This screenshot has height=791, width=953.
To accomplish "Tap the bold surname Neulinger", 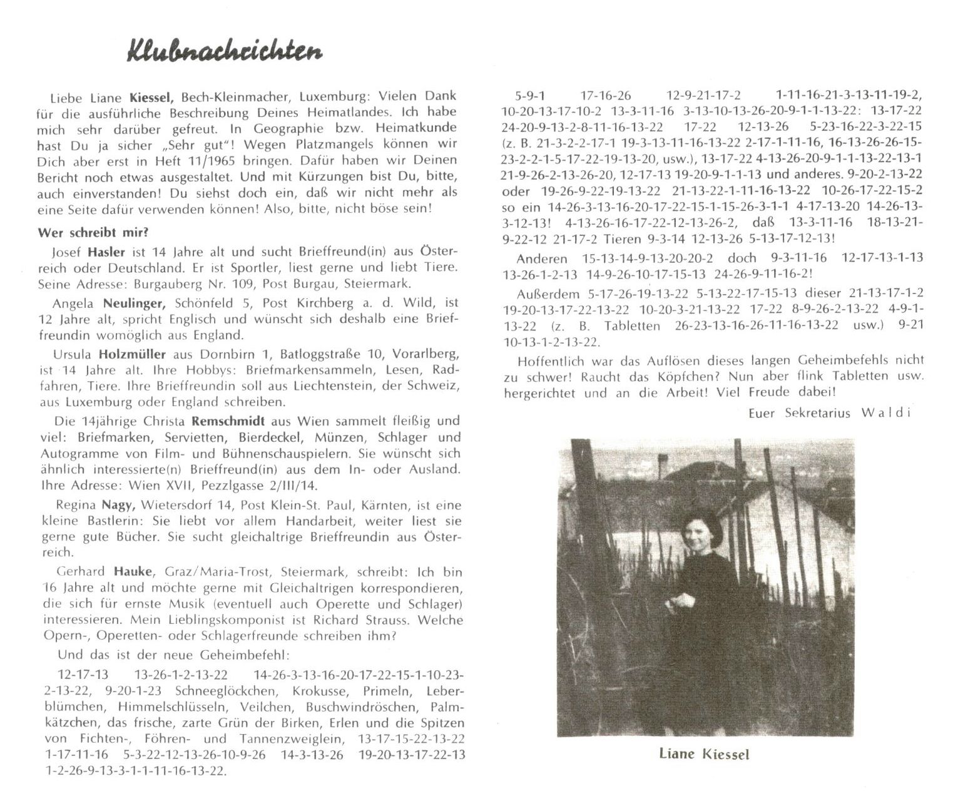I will coord(130,303).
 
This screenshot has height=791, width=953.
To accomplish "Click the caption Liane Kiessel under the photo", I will coord(704,753).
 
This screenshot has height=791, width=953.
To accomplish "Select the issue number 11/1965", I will coord(300,161).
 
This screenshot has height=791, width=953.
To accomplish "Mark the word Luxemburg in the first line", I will coord(330,96).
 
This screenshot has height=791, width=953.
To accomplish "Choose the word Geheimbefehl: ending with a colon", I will coord(241,655).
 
